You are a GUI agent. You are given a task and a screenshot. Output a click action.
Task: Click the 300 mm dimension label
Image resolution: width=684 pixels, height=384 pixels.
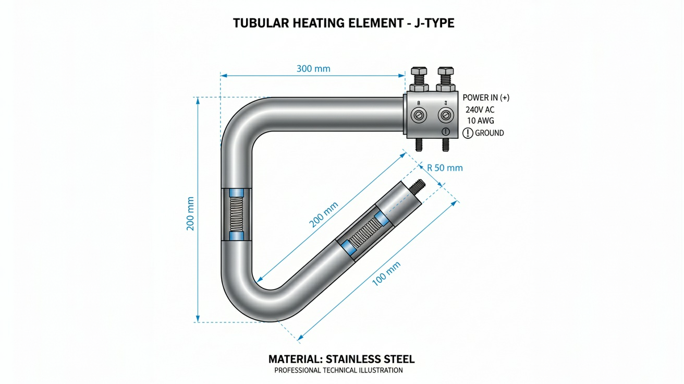[x=313, y=69]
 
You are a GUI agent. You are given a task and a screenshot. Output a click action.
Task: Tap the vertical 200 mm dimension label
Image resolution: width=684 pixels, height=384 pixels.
[x=190, y=213]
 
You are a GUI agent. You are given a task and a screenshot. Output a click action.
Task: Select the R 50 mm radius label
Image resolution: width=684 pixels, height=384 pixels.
[x=445, y=168]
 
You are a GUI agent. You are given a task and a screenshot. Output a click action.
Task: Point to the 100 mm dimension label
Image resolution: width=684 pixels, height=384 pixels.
[x=386, y=274]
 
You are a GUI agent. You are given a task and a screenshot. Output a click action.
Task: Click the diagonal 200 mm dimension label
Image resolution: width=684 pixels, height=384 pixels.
[x=324, y=214]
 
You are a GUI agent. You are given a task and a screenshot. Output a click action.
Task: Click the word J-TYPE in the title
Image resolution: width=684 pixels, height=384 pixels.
[x=434, y=23]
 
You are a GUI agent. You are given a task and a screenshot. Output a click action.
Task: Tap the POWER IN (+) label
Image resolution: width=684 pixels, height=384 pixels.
[x=486, y=98]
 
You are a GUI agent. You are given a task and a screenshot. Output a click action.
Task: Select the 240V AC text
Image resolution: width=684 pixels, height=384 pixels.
[x=480, y=110]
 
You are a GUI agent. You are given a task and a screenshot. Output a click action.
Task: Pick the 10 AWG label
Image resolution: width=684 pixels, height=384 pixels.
[x=480, y=121]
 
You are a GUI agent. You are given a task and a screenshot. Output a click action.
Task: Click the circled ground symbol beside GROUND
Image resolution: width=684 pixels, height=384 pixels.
[x=468, y=133]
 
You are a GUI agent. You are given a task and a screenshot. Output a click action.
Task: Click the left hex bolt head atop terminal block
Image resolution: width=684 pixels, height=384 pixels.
[x=419, y=71]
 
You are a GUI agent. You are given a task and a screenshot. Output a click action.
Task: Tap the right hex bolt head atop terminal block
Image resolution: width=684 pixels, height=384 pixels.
[x=446, y=71]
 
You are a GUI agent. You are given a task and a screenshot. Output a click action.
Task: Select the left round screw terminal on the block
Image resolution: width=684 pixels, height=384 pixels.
[x=418, y=115]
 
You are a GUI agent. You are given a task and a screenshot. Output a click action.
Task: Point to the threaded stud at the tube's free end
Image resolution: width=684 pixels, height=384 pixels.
[x=418, y=186]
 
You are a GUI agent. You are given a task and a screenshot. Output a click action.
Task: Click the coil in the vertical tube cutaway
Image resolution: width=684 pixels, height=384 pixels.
[x=237, y=214]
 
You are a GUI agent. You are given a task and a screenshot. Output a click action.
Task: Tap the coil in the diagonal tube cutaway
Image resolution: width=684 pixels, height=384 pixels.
[x=364, y=233]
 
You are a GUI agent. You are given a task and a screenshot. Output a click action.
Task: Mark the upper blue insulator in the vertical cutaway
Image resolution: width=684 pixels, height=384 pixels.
[x=237, y=193]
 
